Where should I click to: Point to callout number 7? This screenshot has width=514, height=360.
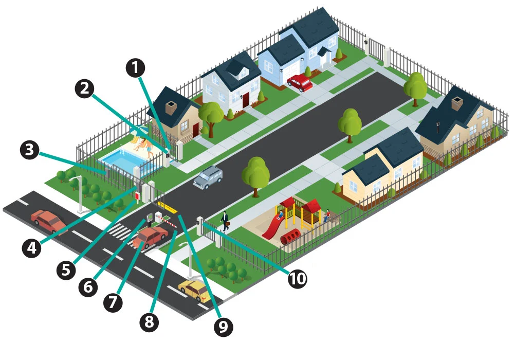113,302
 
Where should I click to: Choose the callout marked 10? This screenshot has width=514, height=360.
297,278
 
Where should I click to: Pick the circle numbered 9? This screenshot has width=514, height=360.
223,326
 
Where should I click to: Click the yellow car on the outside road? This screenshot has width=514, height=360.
194,291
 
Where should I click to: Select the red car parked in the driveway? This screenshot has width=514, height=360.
300,82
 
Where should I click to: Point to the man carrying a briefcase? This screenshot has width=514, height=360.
225,220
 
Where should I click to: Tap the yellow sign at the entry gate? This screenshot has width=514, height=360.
167,208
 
